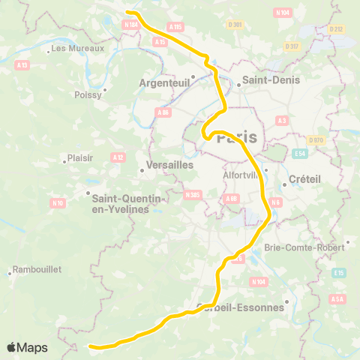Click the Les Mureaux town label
(x=77, y=49)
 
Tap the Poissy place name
(x=88, y=95)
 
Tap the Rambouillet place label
(x=37, y=269)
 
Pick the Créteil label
(x=304, y=180)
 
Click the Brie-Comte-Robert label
(x=314, y=247)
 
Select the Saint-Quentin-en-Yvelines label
(x=127, y=203)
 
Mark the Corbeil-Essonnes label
(x=242, y=307)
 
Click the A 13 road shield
(x=22, y=65)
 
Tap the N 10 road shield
(x=57, y=202)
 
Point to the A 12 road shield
(x=117, y=157)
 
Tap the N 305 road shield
(x=193, y=195)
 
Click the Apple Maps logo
(x=27, y=347)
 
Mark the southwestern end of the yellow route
(x=91, y=346)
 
